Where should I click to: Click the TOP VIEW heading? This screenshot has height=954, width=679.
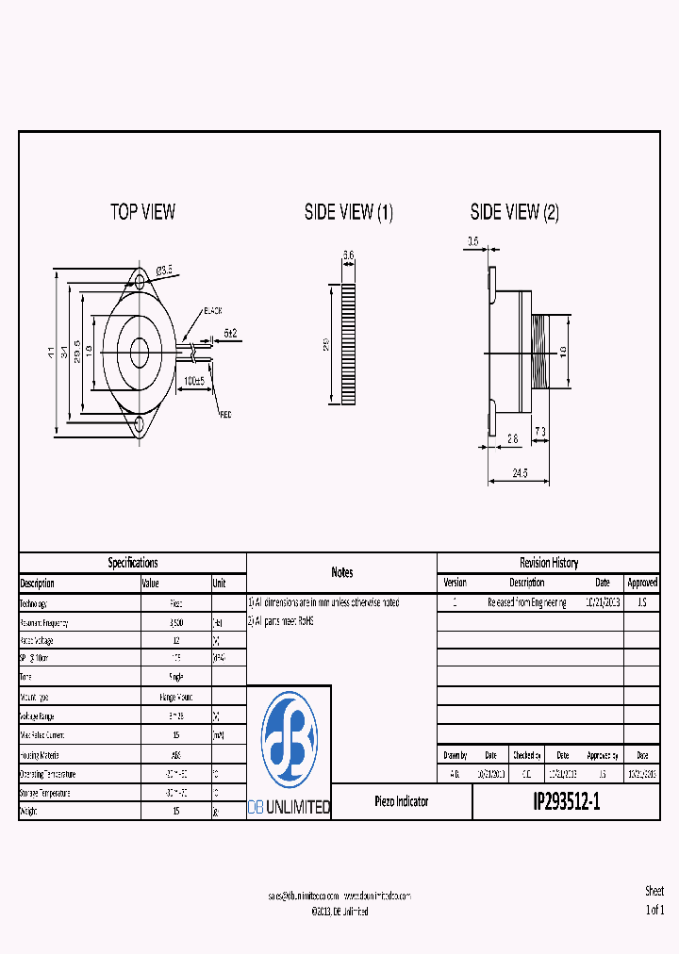(x=142, y=212)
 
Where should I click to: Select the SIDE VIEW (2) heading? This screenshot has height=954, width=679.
(x=515, y=212)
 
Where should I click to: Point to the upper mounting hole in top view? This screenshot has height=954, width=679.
(x=140, y=281)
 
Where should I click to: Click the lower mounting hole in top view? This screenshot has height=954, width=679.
(x=140, y=423)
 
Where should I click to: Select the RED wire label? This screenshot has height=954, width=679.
(x=225, y=414)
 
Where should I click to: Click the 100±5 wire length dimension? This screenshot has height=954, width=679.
(x=195, y=380)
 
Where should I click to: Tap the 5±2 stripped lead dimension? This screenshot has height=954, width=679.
(x=230, y=333)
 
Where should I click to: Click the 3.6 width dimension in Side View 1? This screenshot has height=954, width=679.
(x=348, y=255)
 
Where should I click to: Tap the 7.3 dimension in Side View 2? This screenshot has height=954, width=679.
(x=539, y=431)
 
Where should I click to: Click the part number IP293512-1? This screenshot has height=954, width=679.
(x=566, y=802)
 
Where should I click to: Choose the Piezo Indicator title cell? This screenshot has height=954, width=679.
(x=401, y=801)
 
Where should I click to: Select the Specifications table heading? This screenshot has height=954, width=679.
(x=133, y=563)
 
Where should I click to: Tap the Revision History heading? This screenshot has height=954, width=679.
(x=549, y=563)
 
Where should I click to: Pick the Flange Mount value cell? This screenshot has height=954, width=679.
(x=176, y=697)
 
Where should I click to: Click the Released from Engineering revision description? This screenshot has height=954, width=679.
(x=526, y=602)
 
